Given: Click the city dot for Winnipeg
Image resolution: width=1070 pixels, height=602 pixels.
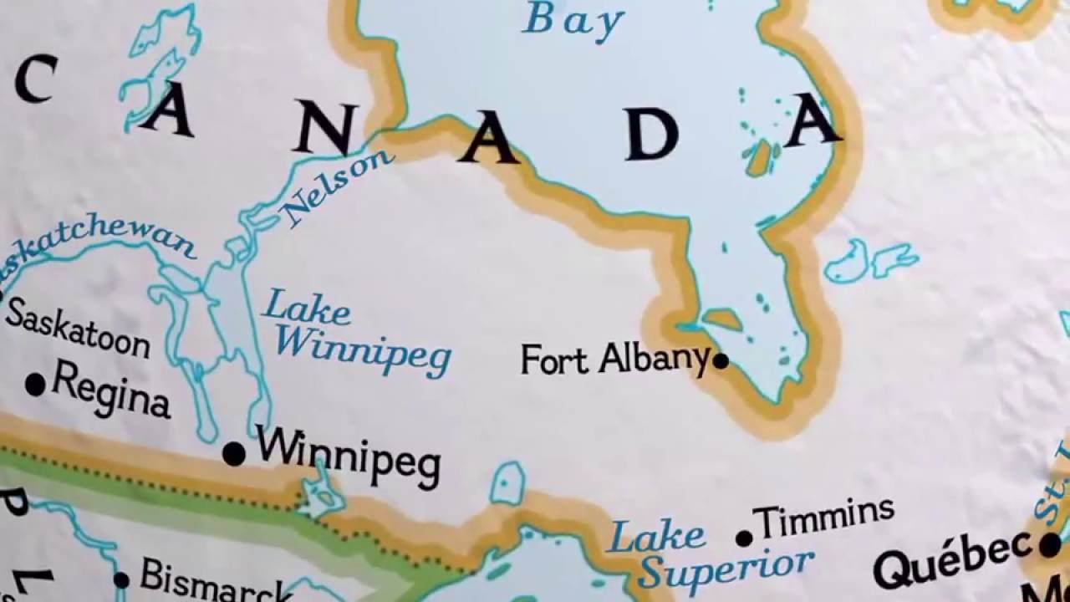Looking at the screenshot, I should click(x=234, y=454).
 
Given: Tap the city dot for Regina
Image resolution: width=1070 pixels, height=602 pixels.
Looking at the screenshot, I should click(x=35, y=385).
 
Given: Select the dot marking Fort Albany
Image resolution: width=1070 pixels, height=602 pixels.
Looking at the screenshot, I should click(x=721, y=361).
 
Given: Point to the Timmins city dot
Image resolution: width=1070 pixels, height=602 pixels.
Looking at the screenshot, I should click(x=744, y=538).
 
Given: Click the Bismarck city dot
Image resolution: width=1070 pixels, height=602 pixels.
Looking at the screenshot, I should click(x=121, y=579).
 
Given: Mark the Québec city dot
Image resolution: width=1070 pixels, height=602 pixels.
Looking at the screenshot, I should click(x=1050, y=545).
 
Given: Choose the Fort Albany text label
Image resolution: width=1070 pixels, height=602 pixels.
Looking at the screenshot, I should click(x=614, y=360).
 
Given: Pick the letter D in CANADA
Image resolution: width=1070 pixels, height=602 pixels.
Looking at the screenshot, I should click(x=651, y=134).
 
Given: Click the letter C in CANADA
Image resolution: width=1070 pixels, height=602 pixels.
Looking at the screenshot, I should click(x=35, y=79).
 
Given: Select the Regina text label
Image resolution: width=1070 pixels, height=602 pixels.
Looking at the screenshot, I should click(x=110, y=391).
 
